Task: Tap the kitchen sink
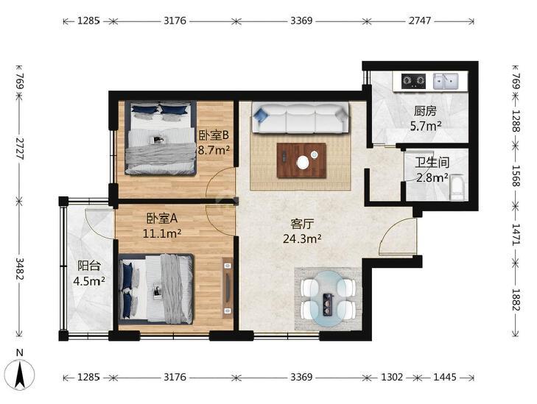tap(446, 81)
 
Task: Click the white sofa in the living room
tap(300, 118)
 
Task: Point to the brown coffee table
tap(301, 160)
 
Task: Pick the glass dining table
tap(329, 298)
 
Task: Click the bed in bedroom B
tap(161, 138)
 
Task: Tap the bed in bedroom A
tap(156, 289)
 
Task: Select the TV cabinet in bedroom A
tap(228, 288)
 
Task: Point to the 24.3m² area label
tap(302, 238)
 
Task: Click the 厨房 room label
tap(425, 111)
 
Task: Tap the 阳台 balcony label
tap(88, 266)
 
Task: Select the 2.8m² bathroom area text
tap(432, 177)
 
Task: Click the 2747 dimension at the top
tap(420, 21)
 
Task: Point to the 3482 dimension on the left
tap(20, 269)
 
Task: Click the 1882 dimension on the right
tap(516, 300)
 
